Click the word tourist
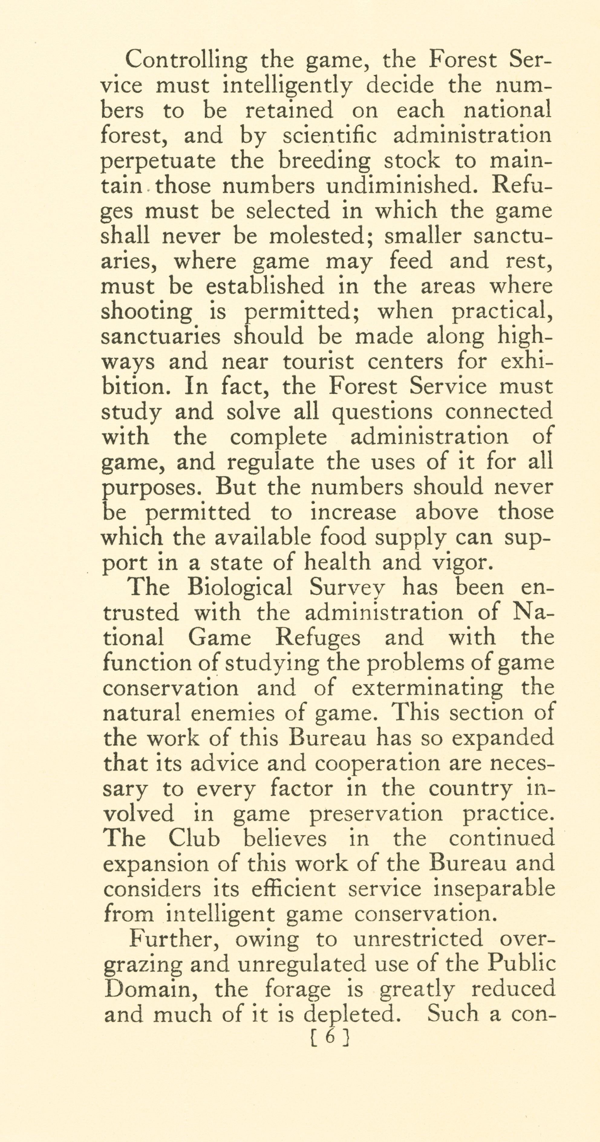point(318,362)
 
